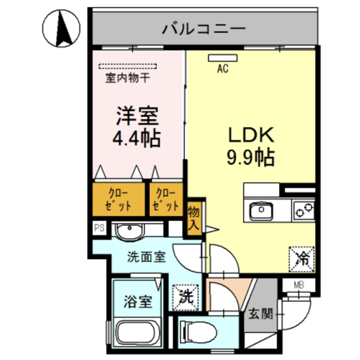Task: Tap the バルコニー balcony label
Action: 204,28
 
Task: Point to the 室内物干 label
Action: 128,78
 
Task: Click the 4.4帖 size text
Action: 137,137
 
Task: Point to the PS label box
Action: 99,228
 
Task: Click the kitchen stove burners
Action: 304,211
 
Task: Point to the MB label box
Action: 298,285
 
